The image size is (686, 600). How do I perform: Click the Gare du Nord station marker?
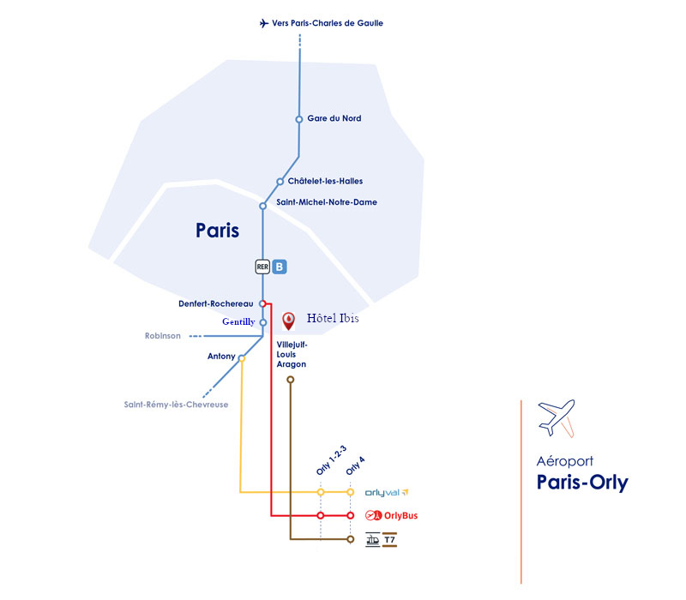[299, 119]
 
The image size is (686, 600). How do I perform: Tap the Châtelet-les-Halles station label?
[325, 182]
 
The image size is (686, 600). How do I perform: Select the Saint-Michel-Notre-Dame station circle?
[263, 206]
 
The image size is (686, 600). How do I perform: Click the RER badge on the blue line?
[263, 267]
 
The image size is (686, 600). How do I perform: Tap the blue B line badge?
[280, 267]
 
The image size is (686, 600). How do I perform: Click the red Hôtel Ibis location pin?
[289, 321]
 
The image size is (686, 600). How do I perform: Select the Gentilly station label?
[239, 322]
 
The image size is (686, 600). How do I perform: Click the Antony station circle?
[242, 358]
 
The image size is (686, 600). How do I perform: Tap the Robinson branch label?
[163, 336]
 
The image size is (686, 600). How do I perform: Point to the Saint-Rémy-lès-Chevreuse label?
[177, 405]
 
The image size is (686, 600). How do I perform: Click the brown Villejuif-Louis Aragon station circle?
[291, 379]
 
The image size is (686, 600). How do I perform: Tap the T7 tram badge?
[388, 540]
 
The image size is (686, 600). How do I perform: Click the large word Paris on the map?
[217, 231]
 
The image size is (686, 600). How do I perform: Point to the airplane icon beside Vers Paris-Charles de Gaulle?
[264, 23]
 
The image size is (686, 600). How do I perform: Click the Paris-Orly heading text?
[582, 483]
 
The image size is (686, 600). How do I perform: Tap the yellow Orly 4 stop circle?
[351, 492]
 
